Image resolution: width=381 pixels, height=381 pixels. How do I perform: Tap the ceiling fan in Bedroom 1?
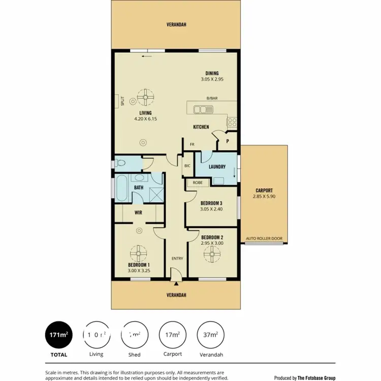138,252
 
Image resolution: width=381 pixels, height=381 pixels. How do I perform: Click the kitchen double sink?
206,109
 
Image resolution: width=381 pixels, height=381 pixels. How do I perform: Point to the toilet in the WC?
120,163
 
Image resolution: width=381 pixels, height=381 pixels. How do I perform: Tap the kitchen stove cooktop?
232,122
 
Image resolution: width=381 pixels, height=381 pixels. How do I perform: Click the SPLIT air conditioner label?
122,101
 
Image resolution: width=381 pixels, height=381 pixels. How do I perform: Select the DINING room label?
212,73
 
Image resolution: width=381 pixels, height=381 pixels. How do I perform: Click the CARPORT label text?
264,190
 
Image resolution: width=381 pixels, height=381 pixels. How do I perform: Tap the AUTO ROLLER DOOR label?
265,238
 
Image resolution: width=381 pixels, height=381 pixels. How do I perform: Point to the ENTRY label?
177,259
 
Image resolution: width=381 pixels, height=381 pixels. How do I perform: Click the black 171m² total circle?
59,335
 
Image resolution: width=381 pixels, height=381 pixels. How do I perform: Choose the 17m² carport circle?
172,335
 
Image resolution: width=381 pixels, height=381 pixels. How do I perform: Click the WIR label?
138,213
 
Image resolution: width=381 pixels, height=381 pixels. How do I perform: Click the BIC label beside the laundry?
187,165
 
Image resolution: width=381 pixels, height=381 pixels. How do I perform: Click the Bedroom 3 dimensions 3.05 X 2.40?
211,208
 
